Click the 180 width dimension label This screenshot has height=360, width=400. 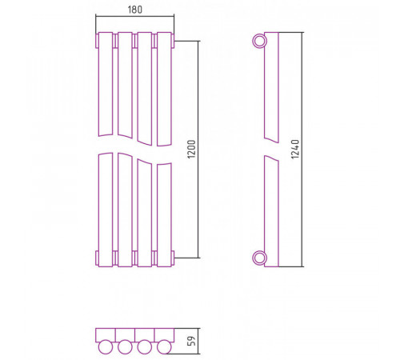coord(135,10)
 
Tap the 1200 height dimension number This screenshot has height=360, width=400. coord(191,149)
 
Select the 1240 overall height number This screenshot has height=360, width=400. coord(295,149)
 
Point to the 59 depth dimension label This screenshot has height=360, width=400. coord(191,341)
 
